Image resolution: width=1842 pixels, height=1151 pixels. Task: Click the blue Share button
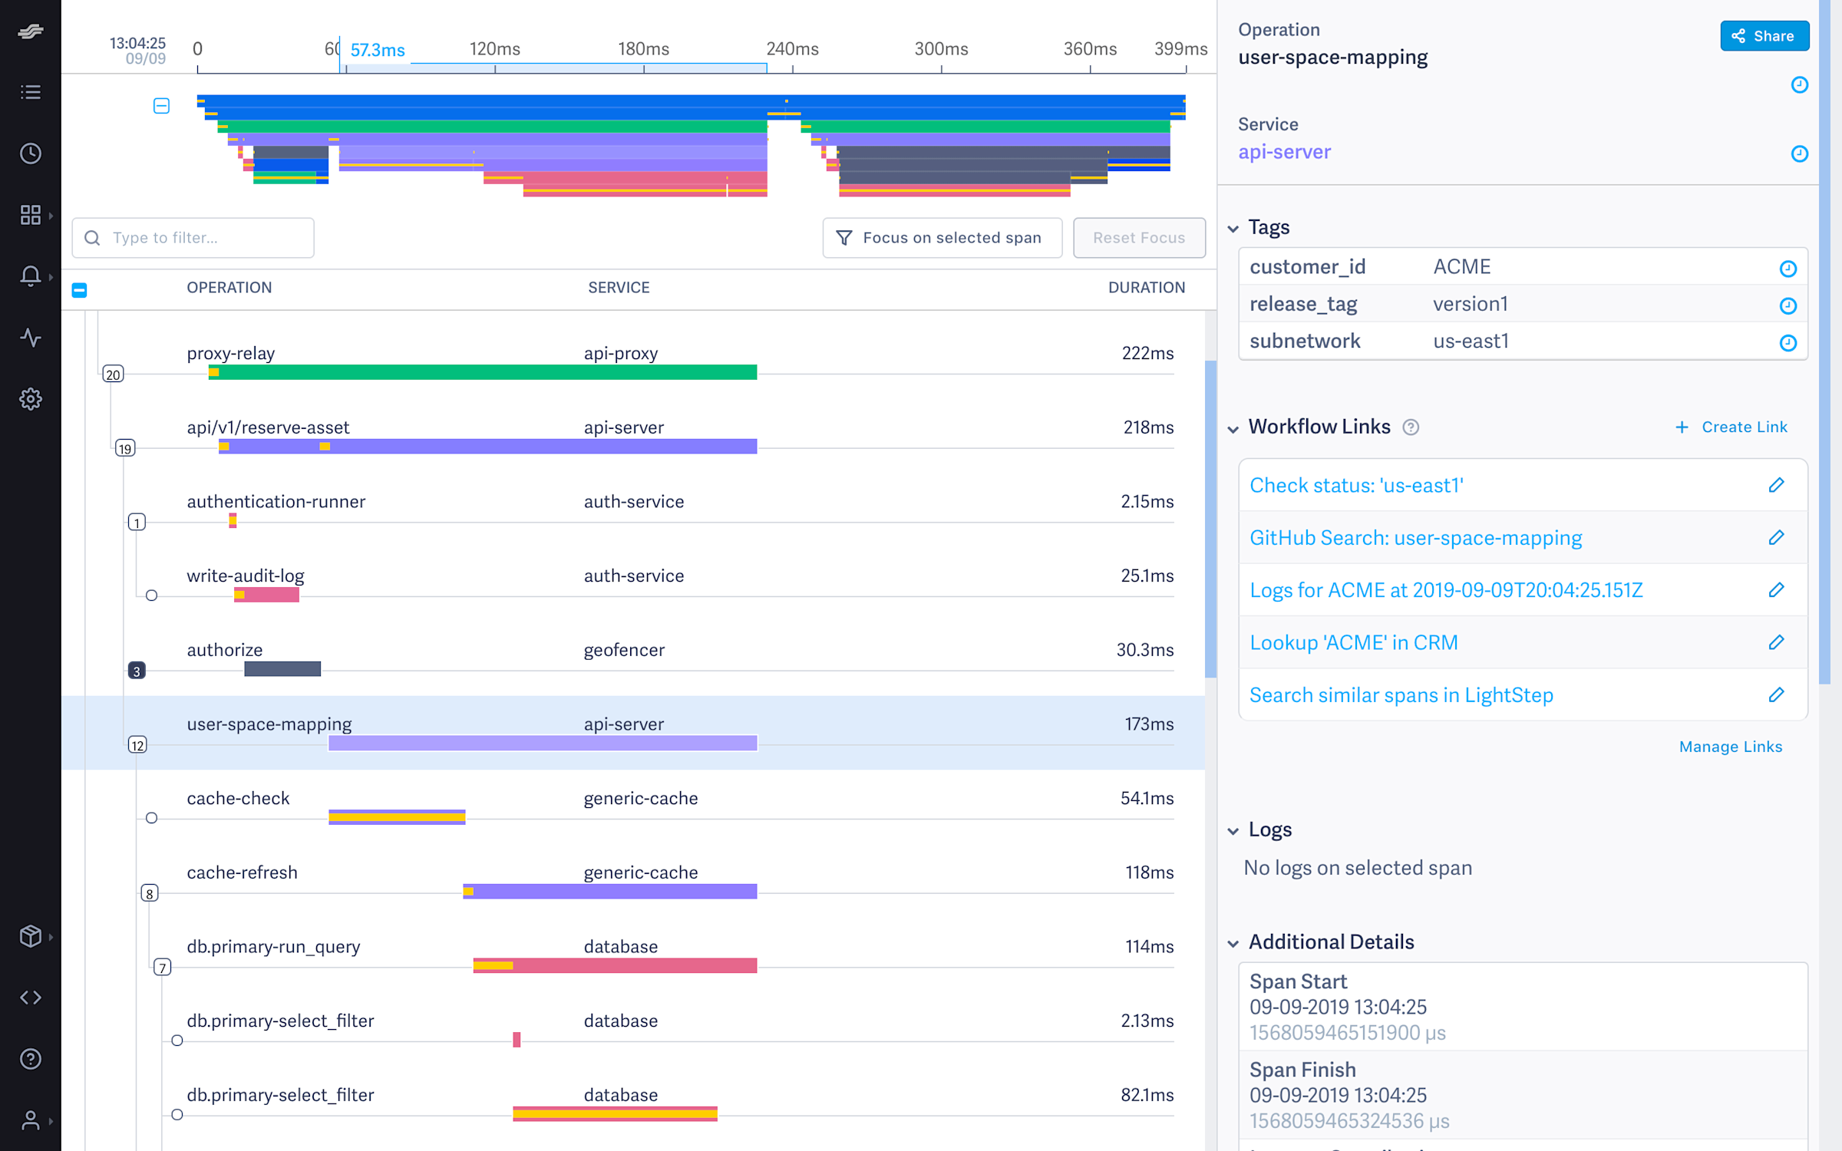pyautogui.click(x=1764, y=36)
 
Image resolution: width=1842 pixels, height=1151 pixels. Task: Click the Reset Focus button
pyautogui.click(x=1138, y=238)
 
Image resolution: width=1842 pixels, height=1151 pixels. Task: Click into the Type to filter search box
pyautogui.click(x=193, y=238)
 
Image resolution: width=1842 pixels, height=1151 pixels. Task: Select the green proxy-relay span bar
pyautogui.click(x=483, y=372)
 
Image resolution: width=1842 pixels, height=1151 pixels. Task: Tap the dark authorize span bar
pyautogui.click(x=282, y=669)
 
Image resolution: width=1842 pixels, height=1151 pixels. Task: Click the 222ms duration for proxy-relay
pyautogui.click(x=1147, y=353)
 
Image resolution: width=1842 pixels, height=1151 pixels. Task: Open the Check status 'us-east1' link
pyautogui.click(x=1356, y=485)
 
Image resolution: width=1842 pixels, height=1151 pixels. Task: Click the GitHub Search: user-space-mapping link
pyautogui.click(x=1415, y=538)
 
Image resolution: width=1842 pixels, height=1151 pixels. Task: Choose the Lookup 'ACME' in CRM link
pyautogui.click(x=1353, y=642)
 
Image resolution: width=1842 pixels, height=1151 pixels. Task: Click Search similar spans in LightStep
pyautogui.click(x=1401, y=695)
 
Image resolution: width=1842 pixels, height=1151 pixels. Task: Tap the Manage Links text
pyautogui.click(x=1730, y=747)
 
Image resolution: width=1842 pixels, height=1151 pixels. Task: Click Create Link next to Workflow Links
pyautogui.click(x=1731, y=427)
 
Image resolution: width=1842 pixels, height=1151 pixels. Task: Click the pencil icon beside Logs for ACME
pyautogui.click(x=1776, y=590)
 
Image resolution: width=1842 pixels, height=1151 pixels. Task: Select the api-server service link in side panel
pyautogui.click(x=1284, y=152)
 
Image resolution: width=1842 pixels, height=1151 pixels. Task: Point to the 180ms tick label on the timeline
pyautogui.click(x=643, y=49)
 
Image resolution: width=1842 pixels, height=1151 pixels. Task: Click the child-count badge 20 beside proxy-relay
pyautogui.click(x=113, y=374)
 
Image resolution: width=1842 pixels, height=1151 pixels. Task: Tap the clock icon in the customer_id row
pyautogui.click(x=1788, y=268)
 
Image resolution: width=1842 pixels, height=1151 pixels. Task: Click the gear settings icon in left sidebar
pyautogui.click(x=31, y=399)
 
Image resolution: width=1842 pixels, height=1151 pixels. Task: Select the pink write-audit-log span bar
pyautogui.click(x=266, y=595)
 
